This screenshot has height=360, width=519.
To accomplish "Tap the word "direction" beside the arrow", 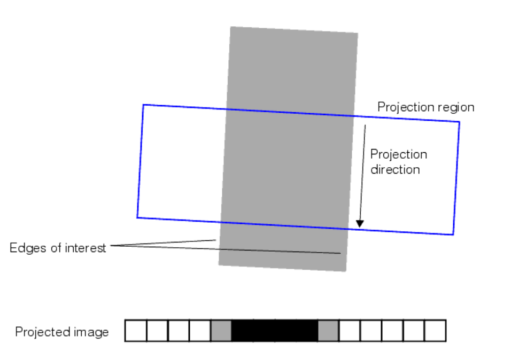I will coord(396,170).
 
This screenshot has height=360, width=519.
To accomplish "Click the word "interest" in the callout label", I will coord(86,248).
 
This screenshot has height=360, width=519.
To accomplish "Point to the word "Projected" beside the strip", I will coord(41,332).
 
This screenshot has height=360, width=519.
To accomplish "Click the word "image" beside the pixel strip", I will coord(92,332).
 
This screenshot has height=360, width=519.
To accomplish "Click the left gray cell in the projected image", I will coord(221,331).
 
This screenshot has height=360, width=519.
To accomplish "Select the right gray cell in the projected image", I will coord(328,331).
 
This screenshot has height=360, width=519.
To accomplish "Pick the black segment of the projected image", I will coord(275,331).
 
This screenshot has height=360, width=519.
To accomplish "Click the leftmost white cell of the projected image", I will coord(136,331).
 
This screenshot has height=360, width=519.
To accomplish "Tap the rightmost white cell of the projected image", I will coord(435,331).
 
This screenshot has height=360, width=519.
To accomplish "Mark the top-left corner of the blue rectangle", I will coord(143,105).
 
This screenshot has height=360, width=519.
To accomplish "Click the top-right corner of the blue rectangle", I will coord(459,122).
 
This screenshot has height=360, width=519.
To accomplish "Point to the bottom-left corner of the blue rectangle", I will coord(137,217).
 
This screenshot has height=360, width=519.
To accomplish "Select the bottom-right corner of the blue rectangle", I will coord(453,234).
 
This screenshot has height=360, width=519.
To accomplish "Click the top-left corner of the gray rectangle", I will coord(230,27).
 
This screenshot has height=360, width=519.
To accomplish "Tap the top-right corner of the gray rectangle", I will coord(358,33).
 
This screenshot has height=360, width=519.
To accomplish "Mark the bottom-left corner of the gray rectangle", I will coord(219,264).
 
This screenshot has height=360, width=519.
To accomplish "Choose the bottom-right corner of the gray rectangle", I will coord(346,271).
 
